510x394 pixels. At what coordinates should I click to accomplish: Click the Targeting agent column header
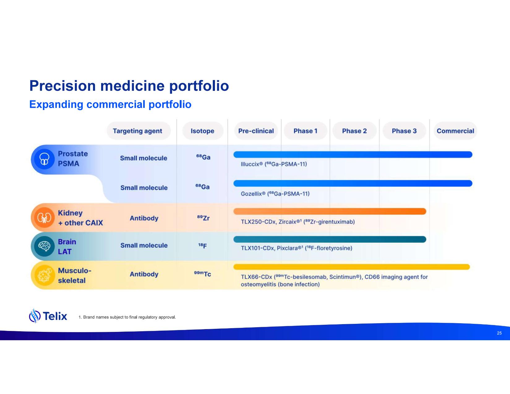pos(137,131)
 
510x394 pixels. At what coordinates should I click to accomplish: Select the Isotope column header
pos(202,131)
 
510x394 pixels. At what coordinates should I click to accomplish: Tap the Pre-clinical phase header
pos(256,131)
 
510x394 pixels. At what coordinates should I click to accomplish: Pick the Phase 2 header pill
pos(354,131)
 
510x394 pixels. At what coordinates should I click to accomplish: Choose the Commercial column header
pos(455,131)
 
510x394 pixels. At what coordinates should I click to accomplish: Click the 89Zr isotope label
pos(203,218)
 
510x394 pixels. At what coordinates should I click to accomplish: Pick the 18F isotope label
pos(203,246)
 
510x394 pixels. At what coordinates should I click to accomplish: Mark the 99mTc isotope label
pos(202,274)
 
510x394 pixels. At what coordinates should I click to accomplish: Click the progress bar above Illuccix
pos(353,155)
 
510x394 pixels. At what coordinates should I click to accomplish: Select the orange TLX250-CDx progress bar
pos(329,211)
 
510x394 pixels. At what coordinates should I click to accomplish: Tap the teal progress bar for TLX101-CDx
pos(329,239)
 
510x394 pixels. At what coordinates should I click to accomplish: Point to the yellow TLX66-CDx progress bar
pos(351,267)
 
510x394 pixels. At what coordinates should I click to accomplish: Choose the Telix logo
pos(48,316)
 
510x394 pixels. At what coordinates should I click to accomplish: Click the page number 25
pos(499,333)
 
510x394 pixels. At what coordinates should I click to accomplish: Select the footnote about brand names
pos(127,317)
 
